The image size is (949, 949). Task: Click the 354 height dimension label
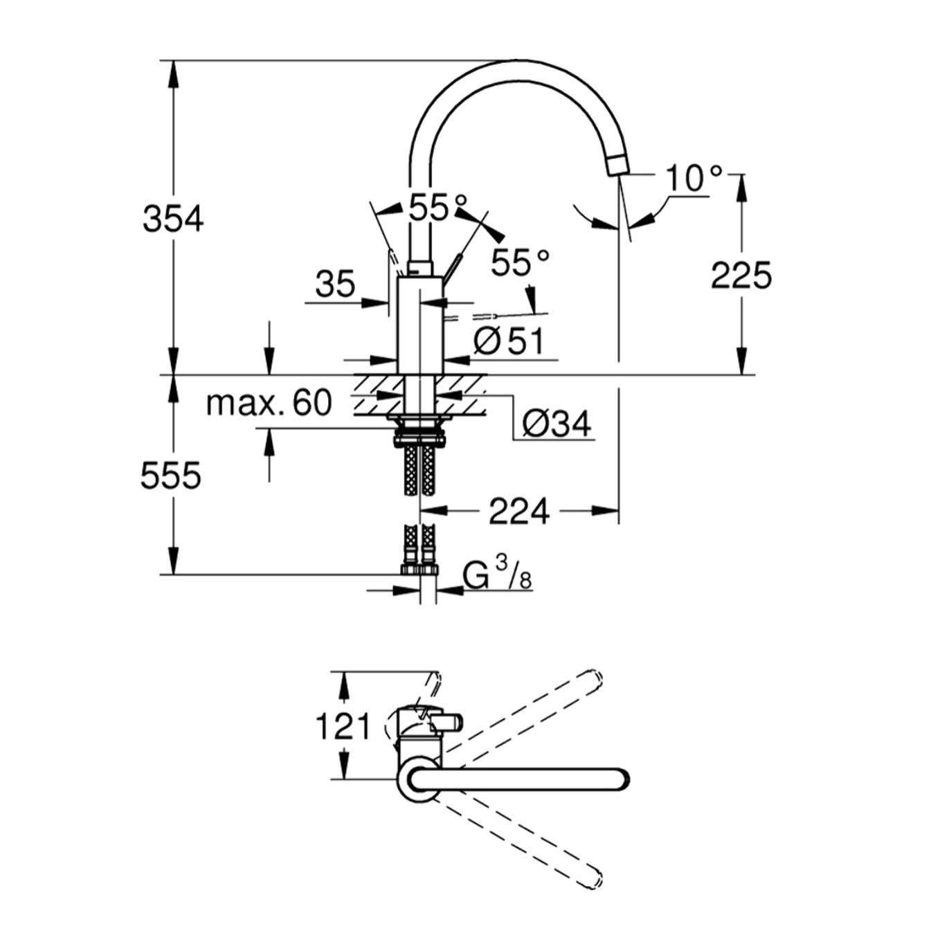(173, 219)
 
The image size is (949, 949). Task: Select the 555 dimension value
(171, 476)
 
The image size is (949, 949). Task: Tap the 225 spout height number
(741, 275)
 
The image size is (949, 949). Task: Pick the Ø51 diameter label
(509, 341)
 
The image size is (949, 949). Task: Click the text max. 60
(269, 404)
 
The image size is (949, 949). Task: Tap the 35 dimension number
(335, 284)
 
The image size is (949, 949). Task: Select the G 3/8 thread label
(498, 575)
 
